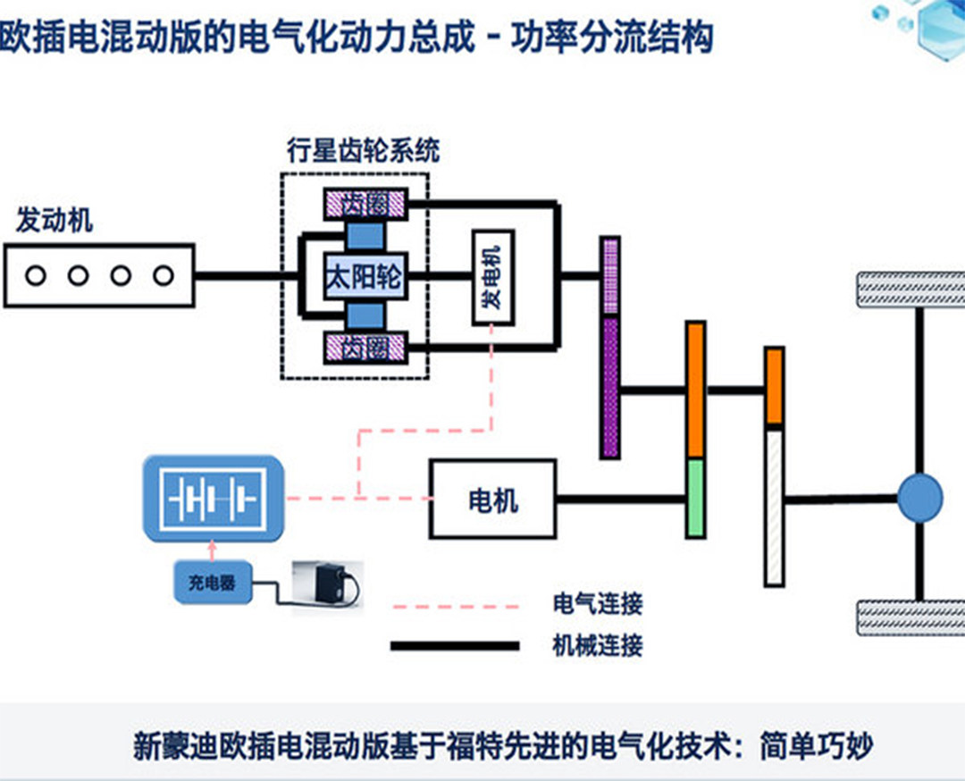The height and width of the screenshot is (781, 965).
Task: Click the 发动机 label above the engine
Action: click(55, 221)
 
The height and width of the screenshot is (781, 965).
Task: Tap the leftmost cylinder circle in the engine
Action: click(36, 275)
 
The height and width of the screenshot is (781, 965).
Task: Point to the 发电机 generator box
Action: click(493, 277)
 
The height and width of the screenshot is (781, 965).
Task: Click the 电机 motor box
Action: click(492, 499)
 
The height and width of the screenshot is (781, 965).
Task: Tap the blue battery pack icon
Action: click(214, 499)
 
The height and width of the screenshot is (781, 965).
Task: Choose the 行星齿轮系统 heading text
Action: click(363, 150)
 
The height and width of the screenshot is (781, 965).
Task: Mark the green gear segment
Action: click(695, 499)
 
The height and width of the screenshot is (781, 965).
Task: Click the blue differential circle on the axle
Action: click(919, 499)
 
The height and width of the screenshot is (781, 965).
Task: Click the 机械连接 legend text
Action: click(598, 644)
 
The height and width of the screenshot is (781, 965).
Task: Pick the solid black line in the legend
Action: click(455, 645)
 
